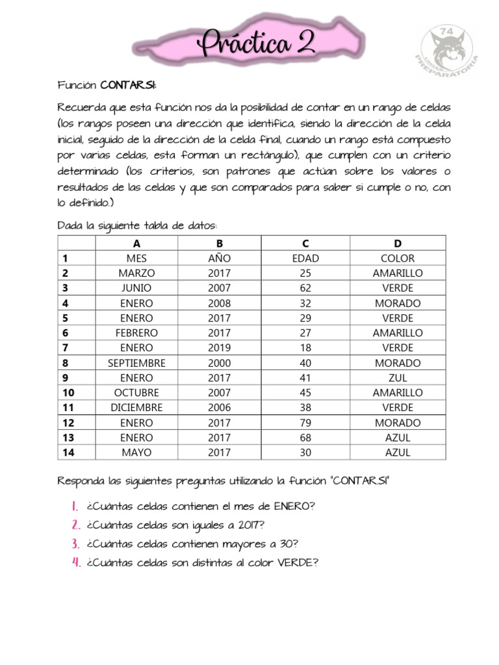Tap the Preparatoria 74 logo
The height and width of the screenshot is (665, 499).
point(447,51)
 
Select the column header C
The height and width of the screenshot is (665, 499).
point(305,244)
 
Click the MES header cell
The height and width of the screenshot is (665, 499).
point(136,258)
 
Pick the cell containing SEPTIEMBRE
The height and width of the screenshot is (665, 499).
point(136,363)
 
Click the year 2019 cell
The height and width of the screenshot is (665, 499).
point(219,348)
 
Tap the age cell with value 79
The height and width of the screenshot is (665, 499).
point(305,423)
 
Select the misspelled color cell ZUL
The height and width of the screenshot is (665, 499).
point(398,378)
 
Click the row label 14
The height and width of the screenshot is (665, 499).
point(68,453)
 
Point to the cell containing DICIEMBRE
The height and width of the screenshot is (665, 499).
point(136,408)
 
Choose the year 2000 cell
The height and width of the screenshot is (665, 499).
point(219,363)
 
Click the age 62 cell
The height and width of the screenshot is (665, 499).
point(305,288)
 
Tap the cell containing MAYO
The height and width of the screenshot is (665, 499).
point(136,453)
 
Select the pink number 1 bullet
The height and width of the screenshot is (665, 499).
point(75,507)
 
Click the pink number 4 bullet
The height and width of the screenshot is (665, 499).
point(75,563)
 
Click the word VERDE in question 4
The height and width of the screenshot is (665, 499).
point(296,563)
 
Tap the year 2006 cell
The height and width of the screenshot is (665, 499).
point(219,408)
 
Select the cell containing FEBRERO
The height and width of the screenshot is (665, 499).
point(136,333)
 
